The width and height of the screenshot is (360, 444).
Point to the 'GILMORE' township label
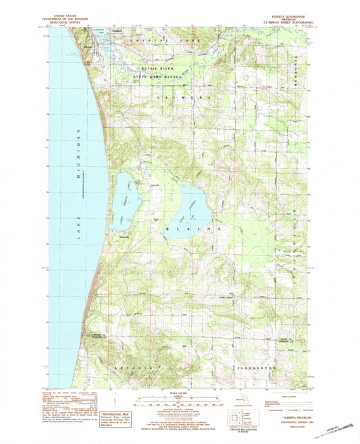[183, 99]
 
